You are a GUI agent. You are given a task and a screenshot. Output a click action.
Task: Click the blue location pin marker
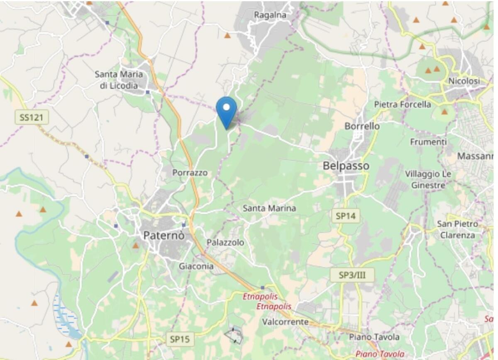point(226,111)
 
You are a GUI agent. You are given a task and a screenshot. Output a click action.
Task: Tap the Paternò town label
point(164,236)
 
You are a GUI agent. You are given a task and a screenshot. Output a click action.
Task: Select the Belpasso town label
point(346,166)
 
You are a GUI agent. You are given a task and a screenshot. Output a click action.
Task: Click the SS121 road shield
point(32,117)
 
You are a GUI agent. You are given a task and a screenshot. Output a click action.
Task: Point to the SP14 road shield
point(345,216)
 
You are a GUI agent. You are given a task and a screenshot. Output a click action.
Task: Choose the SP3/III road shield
point(353,275)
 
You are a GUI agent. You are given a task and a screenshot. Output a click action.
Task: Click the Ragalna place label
point(270,15)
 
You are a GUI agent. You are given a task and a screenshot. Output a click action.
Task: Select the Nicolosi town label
point(464,81)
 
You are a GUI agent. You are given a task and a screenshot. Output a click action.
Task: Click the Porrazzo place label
point(190,173)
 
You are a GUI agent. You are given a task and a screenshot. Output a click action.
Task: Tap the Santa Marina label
point(269,208)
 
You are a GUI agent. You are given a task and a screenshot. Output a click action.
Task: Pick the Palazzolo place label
point(225,242)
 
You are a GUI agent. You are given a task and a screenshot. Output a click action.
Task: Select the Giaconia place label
point(196,266)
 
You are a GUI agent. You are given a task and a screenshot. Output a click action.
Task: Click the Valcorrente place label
point(285,322)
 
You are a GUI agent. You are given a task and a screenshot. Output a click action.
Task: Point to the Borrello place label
point(362,126)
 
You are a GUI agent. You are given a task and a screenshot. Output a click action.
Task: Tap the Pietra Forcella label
point(403,105)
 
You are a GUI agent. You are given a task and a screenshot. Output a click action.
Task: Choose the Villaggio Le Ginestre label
point(428,179)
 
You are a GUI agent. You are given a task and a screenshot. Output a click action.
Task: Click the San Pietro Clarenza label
point(457,229)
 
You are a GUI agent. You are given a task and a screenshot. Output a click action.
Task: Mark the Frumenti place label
point(428,142)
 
